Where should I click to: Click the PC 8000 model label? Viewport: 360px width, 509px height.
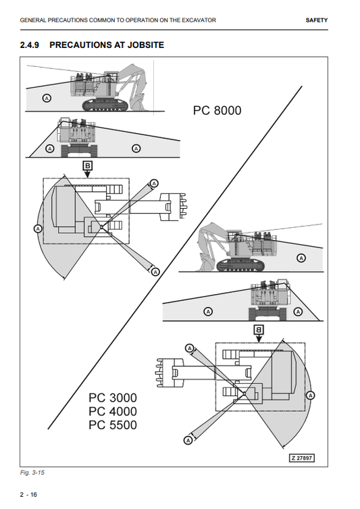coord(217,110)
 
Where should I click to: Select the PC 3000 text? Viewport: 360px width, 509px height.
coord(113,397)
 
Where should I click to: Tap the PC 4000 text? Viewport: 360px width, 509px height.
coord(113,411)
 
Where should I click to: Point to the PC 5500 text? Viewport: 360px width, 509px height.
coord(113,425)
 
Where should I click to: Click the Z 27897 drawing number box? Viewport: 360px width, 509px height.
coord(302,458)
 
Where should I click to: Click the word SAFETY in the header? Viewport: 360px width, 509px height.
coord(317,20)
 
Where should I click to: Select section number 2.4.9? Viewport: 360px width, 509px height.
coord(30,45)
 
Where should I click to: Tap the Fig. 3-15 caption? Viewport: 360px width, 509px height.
coord(32,472)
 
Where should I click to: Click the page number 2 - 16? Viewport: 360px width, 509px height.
coord(28,494)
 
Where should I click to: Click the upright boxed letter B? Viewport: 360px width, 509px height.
coord(88,166)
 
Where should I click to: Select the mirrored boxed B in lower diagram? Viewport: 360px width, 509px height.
coord(259,330)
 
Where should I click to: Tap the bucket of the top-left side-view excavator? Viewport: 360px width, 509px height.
coord(138,101)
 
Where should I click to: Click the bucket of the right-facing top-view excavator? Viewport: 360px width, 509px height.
coord(173,207)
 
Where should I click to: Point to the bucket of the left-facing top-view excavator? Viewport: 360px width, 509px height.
coord(170,372)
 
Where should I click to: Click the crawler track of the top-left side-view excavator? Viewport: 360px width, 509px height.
coord(105,105)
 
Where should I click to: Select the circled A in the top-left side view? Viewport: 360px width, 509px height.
coord(47,98)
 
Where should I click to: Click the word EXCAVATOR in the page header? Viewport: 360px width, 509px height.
coord(199,20)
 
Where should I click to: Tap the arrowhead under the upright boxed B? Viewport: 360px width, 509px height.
coord(87,174)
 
